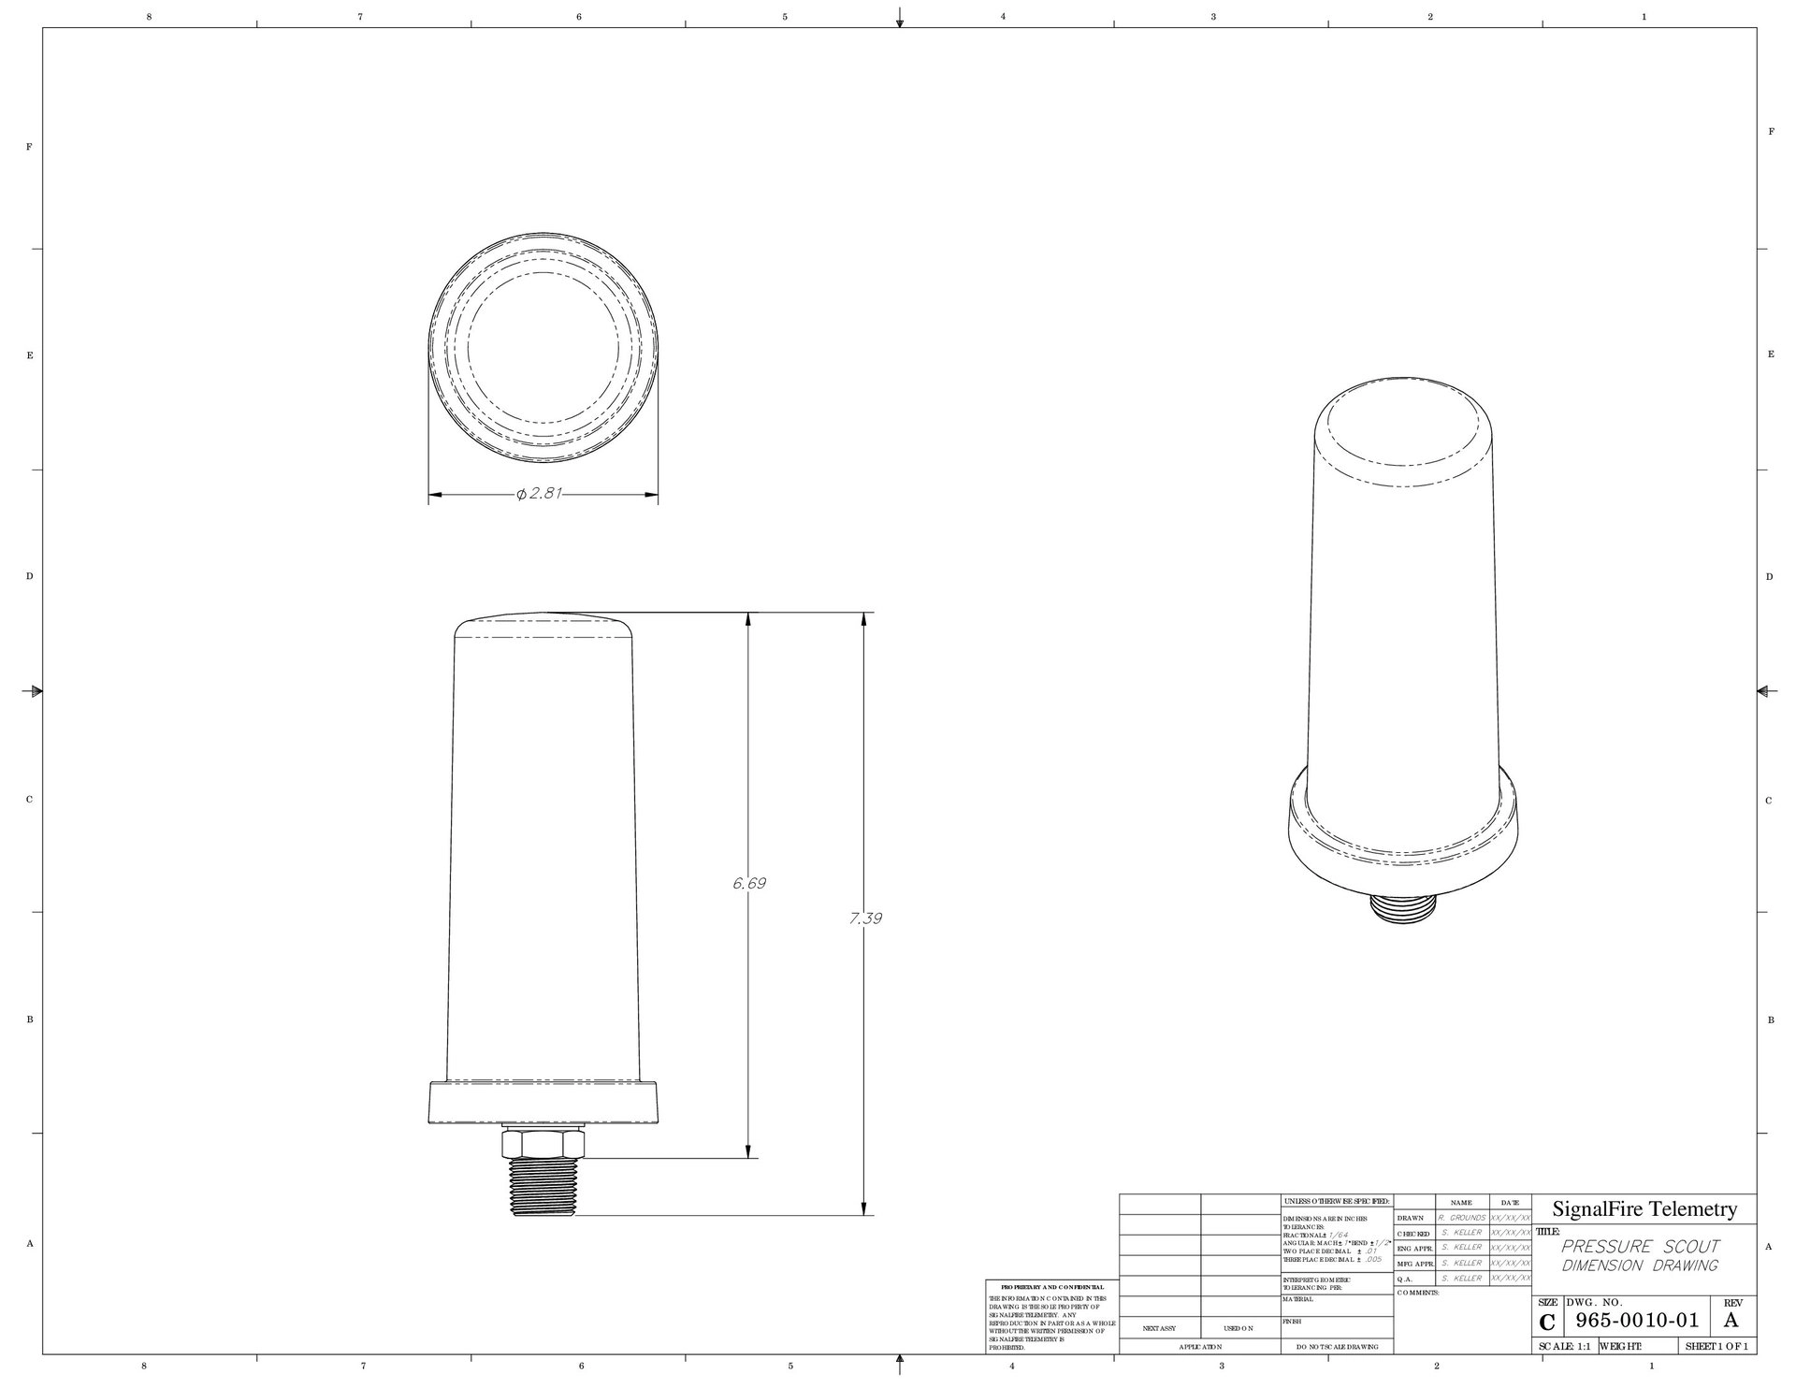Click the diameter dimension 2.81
tap(539, 494)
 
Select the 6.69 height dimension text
tap(749, 883)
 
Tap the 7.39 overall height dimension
tap(865, 918)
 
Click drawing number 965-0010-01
tap(1637, 1321)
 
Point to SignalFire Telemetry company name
tap(1644, 1209)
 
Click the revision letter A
tap(1731, 1321)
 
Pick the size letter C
tap(1547, 1323)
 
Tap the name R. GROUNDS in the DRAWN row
tap(1461, 1219)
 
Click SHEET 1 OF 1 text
tap(1716, 1347)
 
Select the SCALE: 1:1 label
tap(1565, 1347)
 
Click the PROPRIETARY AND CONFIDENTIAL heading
tap(1052, 1288)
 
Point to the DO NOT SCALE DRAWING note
tap(1338, 1347)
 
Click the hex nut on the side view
tap(542, 1143)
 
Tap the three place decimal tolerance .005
tap(1375, 1260)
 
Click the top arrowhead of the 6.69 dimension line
tap(748, 620)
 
